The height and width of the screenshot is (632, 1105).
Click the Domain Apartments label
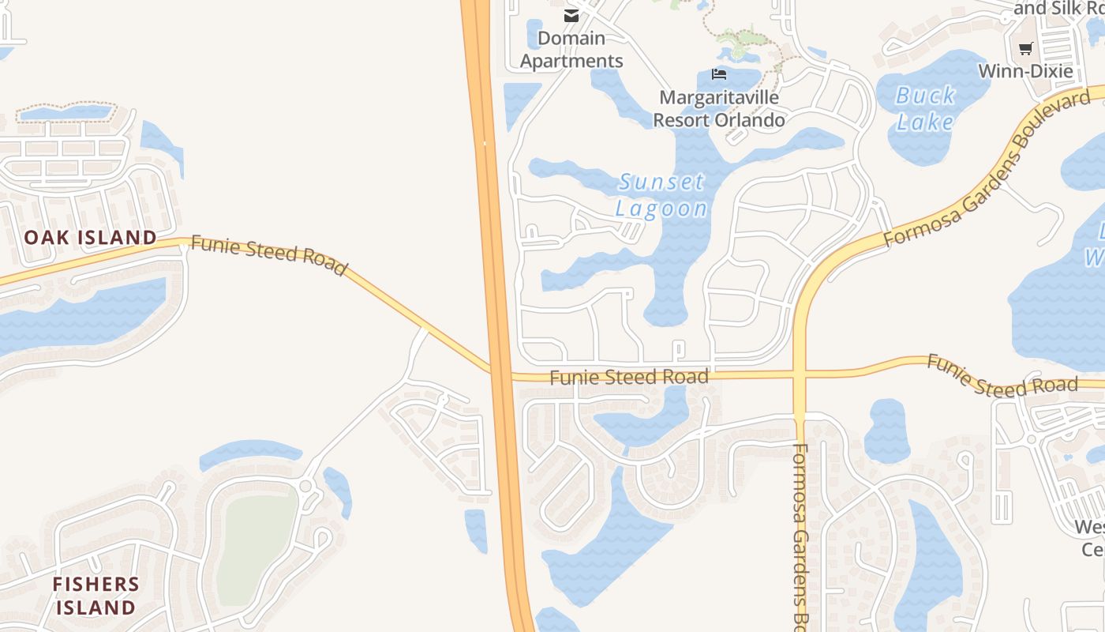571,49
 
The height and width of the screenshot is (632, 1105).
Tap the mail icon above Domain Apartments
571,16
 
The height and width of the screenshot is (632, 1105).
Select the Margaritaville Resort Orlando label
718,109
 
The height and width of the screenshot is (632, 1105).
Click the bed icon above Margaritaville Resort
718,74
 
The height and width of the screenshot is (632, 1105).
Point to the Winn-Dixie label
1025,71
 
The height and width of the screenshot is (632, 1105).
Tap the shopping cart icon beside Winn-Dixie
1025,49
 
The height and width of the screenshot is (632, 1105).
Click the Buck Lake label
926,109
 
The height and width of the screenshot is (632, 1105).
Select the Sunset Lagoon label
661,194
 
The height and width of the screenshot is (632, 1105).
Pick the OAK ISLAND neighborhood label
90,237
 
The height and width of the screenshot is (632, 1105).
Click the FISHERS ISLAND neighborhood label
96,596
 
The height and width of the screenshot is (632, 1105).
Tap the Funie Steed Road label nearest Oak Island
268,255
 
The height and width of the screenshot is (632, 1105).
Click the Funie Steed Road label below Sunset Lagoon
628,378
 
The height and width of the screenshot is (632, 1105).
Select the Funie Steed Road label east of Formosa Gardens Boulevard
1001,376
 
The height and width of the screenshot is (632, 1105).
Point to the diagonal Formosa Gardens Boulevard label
991,166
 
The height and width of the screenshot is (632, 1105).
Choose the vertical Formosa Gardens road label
800,537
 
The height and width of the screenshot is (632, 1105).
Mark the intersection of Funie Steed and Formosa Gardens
800,374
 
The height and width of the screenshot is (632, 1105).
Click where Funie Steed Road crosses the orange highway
500,373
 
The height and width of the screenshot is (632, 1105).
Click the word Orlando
751,120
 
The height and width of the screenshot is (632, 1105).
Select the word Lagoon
661,209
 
